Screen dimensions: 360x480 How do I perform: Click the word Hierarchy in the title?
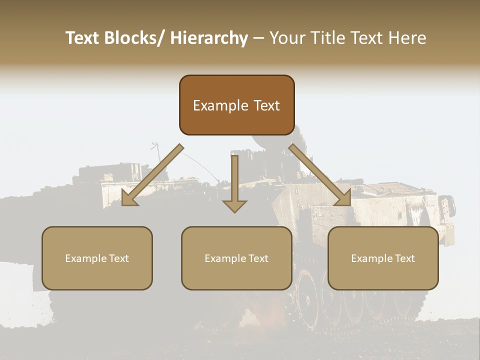coord(209,38)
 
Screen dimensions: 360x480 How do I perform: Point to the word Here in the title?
coord(406,38)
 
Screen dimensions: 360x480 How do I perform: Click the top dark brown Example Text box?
coord(236,105)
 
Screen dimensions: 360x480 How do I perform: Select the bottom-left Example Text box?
coord(97,258)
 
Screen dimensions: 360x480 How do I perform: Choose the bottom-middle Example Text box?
coord(236,258)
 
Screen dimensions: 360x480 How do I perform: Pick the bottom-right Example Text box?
coord(383,258)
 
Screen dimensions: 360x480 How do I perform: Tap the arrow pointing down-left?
coord(152,175)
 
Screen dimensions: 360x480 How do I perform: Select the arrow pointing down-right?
coord(320,175)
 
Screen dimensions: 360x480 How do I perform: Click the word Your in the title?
coord(286,38)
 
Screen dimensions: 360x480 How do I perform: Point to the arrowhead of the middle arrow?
coord(234,206)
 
